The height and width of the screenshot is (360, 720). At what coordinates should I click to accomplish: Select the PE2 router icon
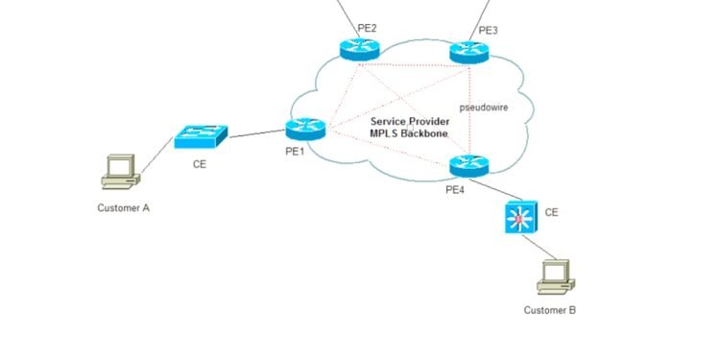[359, 48]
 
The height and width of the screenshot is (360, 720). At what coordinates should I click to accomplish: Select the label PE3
[488, 31]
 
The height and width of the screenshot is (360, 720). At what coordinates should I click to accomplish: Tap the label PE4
[456, 190]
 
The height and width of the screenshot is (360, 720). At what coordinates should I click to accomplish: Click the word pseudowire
[484, 108]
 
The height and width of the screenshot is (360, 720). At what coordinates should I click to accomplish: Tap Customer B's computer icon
[553, 277]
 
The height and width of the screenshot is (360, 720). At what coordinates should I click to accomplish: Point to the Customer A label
[124, 207]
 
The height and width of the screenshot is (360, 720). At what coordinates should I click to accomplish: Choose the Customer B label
[550, 310]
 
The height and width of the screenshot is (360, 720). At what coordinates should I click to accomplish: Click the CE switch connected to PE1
[202, 137]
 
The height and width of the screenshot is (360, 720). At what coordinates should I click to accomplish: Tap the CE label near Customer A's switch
[200, 164]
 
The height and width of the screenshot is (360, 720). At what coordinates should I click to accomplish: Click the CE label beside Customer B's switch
[551, 211]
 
